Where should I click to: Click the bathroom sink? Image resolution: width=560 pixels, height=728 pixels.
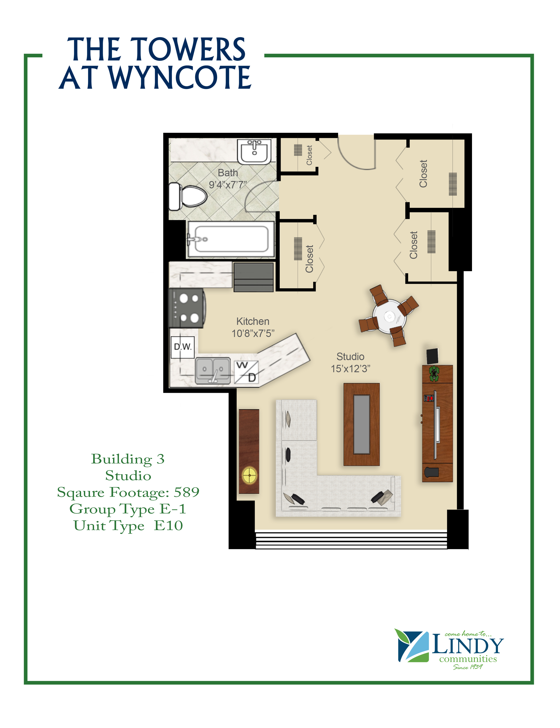[254, 152]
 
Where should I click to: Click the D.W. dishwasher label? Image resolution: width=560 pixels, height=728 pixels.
[183, 347]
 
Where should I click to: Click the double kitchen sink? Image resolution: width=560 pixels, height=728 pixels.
[213, 370]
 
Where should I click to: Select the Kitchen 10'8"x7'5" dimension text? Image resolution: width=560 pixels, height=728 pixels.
[253, 327]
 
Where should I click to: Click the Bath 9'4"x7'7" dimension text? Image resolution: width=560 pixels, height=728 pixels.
[228, 179]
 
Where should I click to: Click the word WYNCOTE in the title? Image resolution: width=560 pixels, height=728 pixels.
[180, 77]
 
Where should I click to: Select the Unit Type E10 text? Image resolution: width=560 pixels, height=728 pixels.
[128, 526]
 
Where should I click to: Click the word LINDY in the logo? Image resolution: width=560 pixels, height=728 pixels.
[468, 646]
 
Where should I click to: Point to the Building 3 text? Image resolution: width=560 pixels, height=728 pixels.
[128, 459]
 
